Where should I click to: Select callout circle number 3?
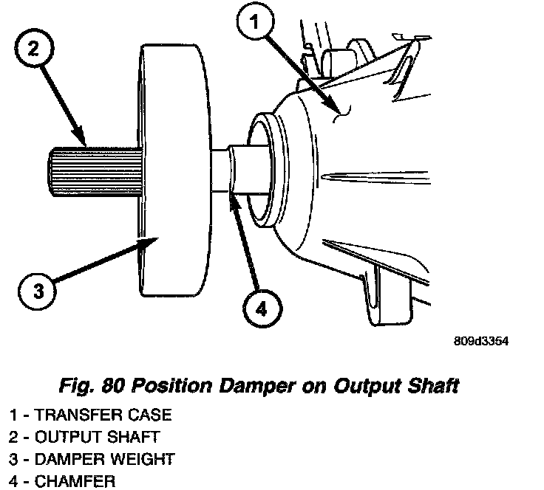[x=33, y=289]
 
